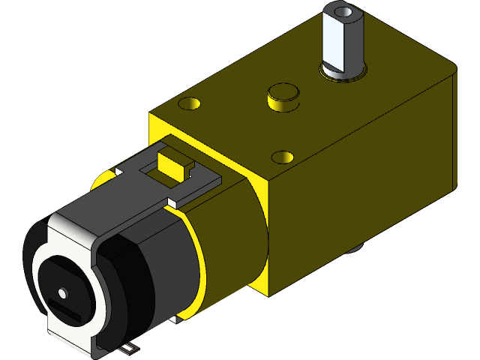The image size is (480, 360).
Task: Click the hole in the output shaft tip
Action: point(343,12)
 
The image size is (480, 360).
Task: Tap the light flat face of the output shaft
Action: point(332,41)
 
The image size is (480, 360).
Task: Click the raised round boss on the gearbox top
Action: point(283,94)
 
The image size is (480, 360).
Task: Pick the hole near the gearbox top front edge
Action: point(282,157)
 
